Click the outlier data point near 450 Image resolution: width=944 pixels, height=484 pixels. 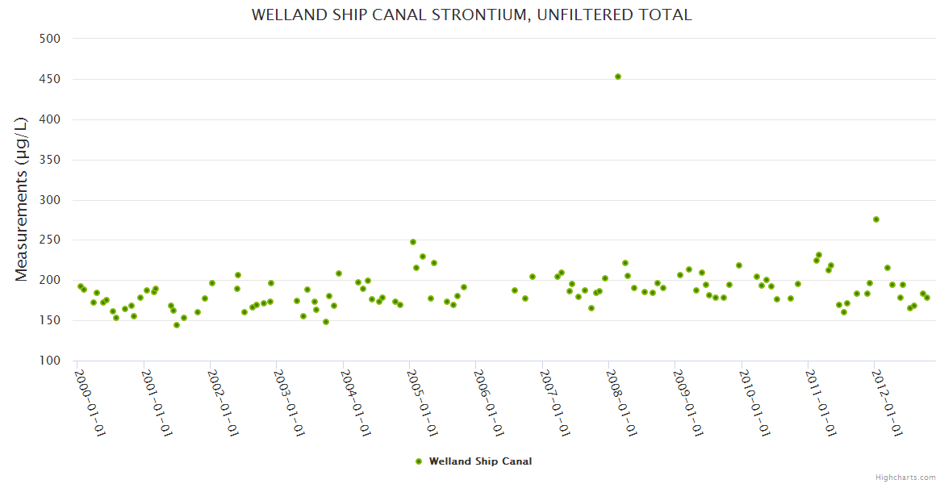pos(618,77)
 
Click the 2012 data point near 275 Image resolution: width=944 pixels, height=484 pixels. pos(876,219)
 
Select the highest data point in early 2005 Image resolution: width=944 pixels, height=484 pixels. pos(413,242)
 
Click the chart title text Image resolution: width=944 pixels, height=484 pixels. pos(471,15)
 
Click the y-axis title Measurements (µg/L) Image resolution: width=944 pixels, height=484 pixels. pos(22,199)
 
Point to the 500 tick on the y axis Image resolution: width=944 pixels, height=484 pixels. pos(52,39)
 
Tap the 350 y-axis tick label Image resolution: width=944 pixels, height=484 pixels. pos(52,160)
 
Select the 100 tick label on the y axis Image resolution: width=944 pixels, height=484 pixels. pos(52,361)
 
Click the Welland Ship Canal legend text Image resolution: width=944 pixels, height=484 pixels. pos(480,461)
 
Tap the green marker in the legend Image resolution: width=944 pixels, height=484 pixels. pos(419,461)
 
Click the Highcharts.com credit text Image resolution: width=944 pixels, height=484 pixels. pos(905,477)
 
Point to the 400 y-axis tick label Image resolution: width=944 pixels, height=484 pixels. pos(52,119)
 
